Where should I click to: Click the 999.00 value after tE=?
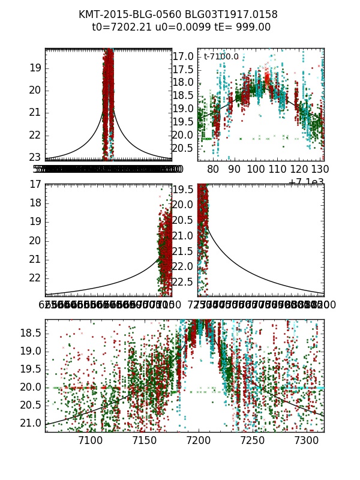pos(254,27)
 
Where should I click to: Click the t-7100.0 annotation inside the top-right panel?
pos(221,57)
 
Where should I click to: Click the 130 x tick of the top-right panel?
pos(321,169)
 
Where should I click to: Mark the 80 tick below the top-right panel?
pos(213,169)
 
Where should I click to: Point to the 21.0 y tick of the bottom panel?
pos(32,423)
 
